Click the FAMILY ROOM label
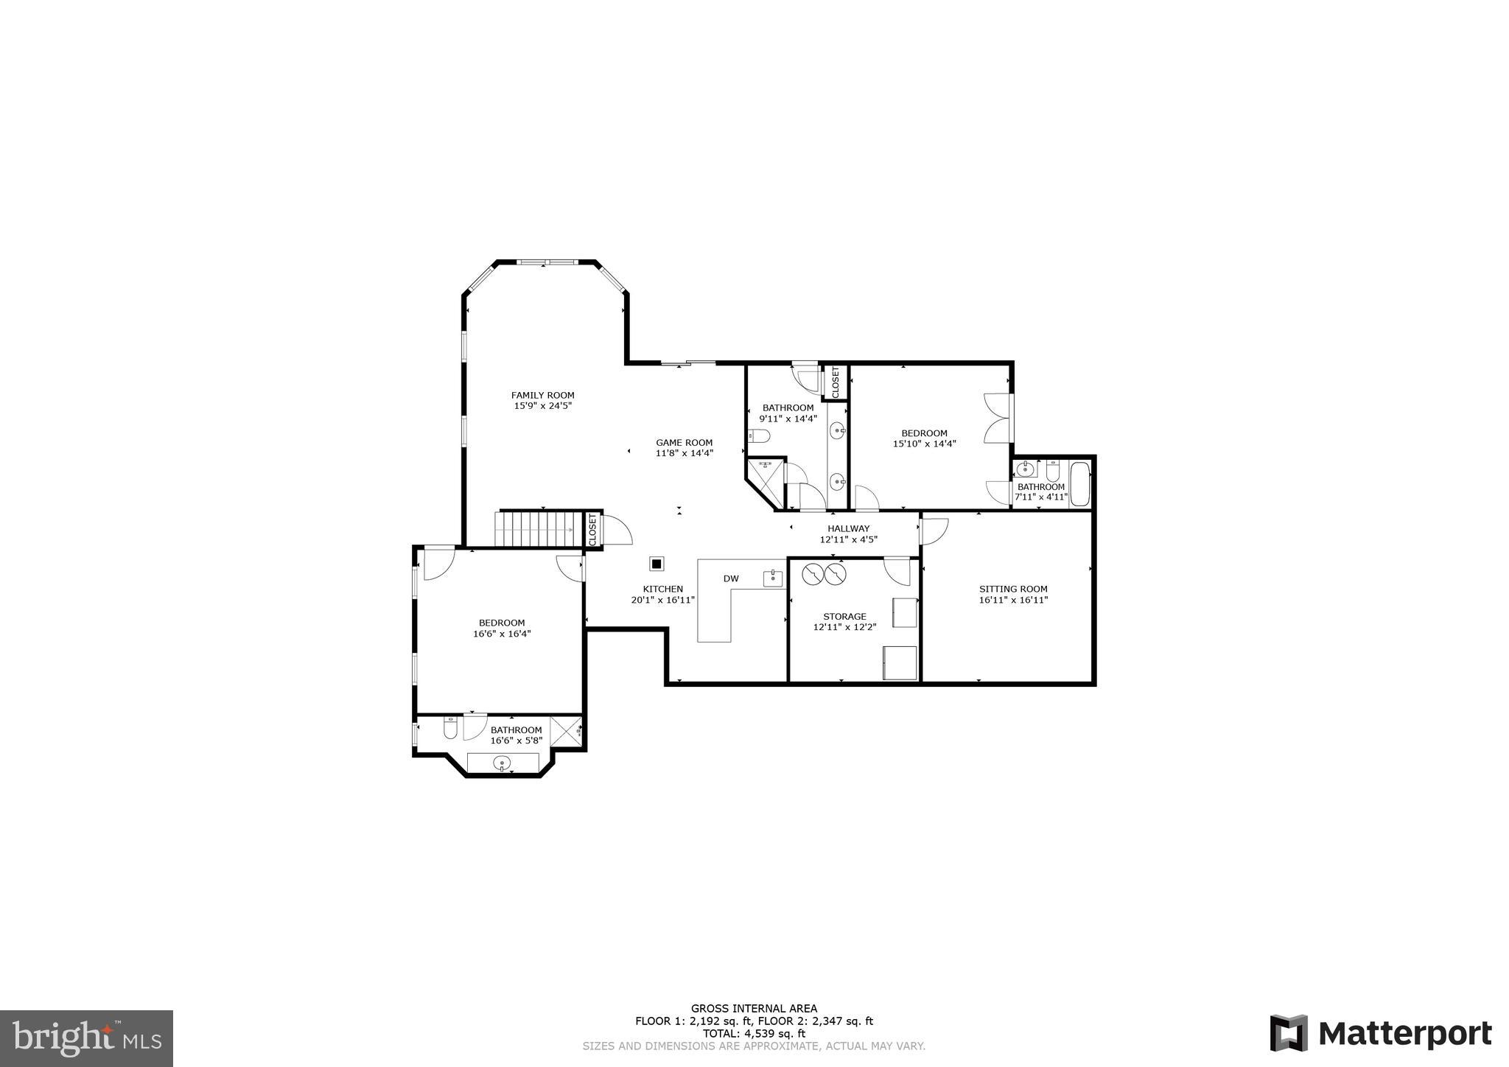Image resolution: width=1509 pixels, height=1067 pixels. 542,396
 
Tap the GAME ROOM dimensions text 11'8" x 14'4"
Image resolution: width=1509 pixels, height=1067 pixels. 684,453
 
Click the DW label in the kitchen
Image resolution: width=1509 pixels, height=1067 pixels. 730,578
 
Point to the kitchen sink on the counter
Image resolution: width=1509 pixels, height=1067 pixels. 773,577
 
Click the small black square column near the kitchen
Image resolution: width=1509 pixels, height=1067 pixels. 657,564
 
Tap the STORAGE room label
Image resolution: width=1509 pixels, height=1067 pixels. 844,616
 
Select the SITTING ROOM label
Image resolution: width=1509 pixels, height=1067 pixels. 1012,589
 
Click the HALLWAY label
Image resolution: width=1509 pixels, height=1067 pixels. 848,528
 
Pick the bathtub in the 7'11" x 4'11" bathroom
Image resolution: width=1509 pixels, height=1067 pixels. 1079,483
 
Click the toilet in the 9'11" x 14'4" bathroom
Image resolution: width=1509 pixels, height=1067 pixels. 759,436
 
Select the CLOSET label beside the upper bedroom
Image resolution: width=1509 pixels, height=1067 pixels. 836,382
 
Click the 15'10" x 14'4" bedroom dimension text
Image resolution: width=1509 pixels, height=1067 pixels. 924,444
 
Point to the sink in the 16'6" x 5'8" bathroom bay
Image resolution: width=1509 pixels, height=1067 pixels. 502,762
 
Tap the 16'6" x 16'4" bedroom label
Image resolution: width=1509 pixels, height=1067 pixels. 501,623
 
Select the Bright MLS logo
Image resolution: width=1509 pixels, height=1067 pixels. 86,1038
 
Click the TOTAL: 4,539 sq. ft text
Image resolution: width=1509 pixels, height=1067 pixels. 753,1033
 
